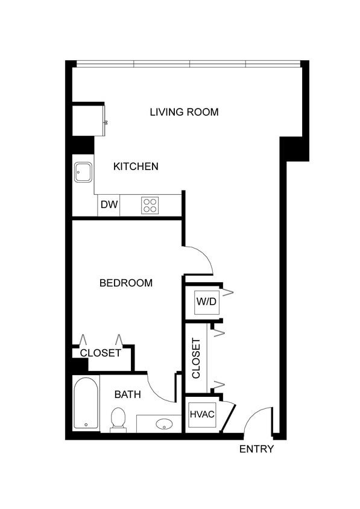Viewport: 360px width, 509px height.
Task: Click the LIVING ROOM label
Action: click(184, 112)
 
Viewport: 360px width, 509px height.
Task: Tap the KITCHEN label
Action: click(136, 166)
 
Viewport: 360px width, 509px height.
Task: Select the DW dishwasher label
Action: click(109, 204)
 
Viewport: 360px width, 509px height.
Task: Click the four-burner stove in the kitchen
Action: click(150, 206)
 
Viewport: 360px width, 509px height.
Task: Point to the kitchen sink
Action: click(83, 172)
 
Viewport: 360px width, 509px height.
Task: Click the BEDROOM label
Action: click(126, 283)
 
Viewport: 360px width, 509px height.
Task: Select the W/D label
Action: click(206, 302)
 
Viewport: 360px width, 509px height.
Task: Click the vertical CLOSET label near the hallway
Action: click(197, 358)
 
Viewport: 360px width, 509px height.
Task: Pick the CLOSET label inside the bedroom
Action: click(101, 353)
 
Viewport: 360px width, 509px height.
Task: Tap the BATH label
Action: click(128, 395)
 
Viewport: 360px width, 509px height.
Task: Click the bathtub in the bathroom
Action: click(86, 403)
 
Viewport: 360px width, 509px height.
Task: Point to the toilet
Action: click(118, 419)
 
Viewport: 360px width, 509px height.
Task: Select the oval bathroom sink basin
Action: click(164, 424)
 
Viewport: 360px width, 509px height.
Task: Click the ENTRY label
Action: click(257, 449)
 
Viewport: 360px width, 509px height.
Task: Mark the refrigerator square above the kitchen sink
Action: click(88, 120)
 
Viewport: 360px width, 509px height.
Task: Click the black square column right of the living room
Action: click(295, 148)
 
